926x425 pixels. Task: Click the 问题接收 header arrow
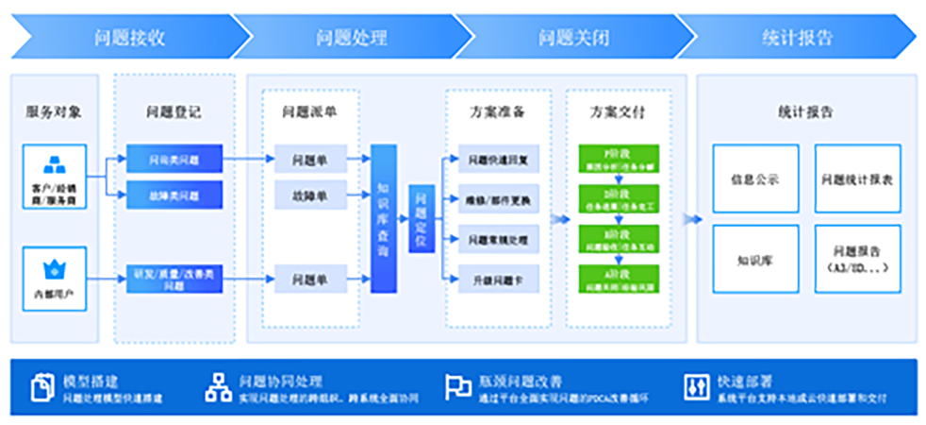[130, 38]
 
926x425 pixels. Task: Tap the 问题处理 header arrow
[351, 38]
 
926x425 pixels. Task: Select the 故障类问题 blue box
[161, 195]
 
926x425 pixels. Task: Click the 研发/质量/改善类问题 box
[161, 280]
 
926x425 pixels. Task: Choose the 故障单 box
[310, 195]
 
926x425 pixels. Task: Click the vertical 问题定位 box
[421, 218]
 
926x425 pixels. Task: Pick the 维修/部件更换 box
[499, 200]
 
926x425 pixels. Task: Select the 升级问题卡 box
[499, 280]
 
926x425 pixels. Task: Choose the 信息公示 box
[755, 178]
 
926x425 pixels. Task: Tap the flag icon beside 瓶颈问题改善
[458, 387]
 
